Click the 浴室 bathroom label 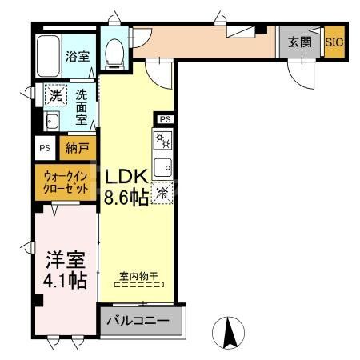pos(78,58)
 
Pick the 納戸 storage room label pos(79,148)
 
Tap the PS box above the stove pos(165,120)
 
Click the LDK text pos(124,176)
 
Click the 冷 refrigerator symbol pos(162,193)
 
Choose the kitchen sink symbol pos(162,168)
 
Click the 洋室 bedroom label pos(65,261)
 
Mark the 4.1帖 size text pos(65,282)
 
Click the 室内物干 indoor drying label pos(139,276)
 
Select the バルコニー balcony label pos(140,322)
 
